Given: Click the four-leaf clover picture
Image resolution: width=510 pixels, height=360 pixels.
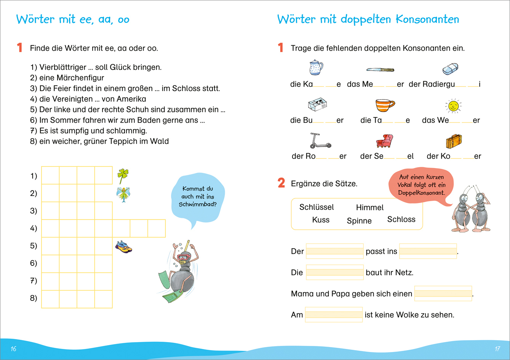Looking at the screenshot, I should click(x=123, y=176).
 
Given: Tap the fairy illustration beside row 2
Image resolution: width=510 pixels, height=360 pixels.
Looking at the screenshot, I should click(x=123, y=194).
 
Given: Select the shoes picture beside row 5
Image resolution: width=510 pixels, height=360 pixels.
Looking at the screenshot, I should click(x=123, y=246).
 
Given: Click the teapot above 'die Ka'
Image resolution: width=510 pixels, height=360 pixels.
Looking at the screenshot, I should click(x=316, y=67).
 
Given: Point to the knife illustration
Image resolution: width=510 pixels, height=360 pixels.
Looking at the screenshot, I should click(x=380, y=70).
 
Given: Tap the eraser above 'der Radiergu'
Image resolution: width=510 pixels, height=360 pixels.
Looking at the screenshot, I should click(x=450, y=69).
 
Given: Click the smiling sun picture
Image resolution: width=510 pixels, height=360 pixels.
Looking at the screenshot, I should click(x=453, y=106).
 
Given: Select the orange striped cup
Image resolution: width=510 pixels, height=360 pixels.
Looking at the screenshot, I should click(x=385, y=105).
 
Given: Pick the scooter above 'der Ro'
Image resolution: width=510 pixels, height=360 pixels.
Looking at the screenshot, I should click(x=320, y=140).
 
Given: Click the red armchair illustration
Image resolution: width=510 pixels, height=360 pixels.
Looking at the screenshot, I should click(x=384, y=141).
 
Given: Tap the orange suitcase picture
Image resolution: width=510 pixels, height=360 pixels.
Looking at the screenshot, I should click(x=454, y=141).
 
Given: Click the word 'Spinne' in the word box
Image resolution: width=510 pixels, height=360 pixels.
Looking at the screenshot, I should click(x=359, y=221).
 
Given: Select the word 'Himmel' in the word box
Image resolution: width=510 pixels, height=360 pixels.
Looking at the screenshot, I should click(x=369, y=208).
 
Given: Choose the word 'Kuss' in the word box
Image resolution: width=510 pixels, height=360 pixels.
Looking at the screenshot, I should click(x=321, y=220).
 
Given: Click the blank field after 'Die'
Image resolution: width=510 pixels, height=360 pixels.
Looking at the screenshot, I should click(x=335, y=272).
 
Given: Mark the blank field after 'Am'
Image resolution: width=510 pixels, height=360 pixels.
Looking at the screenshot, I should click(x=334, y=315).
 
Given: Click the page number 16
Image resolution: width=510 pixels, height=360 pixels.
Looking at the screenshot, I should click(x=13, y=349).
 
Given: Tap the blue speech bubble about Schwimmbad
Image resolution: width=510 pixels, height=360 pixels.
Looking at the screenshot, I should click(x=198, y=197).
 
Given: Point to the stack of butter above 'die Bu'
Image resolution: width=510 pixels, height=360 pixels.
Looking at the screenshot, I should click(x=317, y=104).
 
